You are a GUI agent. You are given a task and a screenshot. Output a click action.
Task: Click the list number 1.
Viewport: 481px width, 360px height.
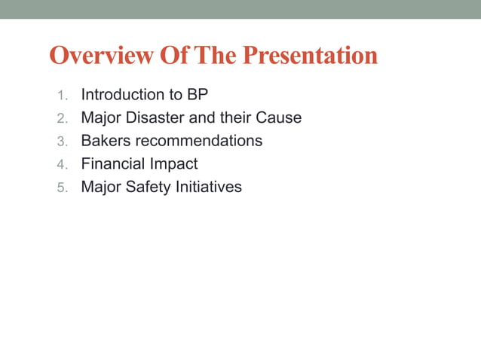tap(62, 96)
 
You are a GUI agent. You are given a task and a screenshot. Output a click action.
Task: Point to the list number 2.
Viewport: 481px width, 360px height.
tap(62, 118)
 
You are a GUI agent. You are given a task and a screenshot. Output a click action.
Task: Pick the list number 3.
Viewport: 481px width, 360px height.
tap(62, 141)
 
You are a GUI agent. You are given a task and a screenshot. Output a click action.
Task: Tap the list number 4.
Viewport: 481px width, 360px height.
tap(62, 164)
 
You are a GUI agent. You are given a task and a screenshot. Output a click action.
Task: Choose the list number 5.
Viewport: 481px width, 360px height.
tap(62, 187)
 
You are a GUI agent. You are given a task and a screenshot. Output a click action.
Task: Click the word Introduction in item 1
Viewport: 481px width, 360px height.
tap(124, 95)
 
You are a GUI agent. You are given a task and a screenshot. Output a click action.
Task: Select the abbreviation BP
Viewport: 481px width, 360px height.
tap(198, 95)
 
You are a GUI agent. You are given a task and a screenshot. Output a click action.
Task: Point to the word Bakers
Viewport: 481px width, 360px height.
tap(106, 141)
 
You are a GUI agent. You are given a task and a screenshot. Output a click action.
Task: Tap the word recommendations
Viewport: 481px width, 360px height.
tap(198, 141)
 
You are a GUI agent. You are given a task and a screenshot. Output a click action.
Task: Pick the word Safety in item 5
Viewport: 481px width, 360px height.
tap(149, 186)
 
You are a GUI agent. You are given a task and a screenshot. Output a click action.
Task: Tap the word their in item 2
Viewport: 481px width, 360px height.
tap(235, 117)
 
